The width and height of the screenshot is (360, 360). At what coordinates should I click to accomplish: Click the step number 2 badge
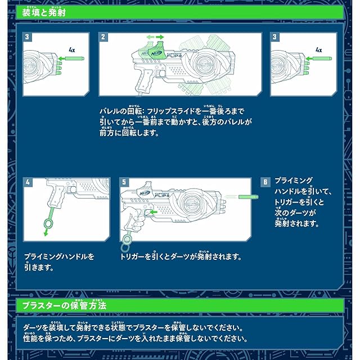click(103, 37)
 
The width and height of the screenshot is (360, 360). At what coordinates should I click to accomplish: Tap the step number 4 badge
click(28, 183)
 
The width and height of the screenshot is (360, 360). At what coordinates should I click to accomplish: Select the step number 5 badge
click(124, 183)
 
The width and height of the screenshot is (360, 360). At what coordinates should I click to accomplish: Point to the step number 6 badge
click(265, 182)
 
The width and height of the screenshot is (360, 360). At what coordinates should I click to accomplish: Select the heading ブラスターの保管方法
click(64, 305)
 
